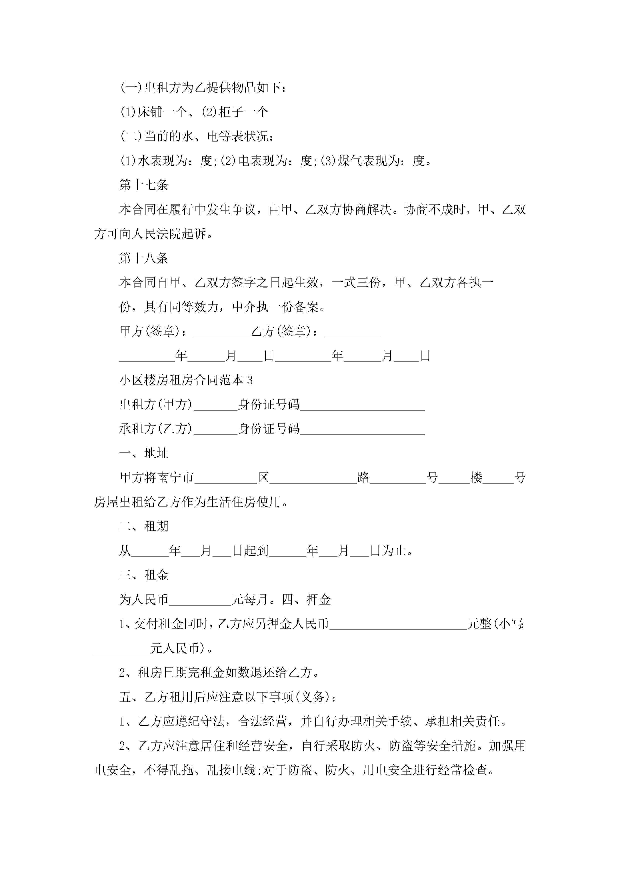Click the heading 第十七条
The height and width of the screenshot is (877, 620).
(144, 185)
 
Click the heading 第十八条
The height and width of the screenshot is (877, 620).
(144, 258)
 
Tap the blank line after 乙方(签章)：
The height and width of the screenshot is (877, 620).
(353, 332)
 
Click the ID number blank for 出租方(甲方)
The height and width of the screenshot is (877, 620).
(362, 405)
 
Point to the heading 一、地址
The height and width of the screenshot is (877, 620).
(144, 453)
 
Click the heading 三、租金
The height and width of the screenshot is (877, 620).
(144, 575)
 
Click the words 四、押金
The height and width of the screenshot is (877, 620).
(306, 600)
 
